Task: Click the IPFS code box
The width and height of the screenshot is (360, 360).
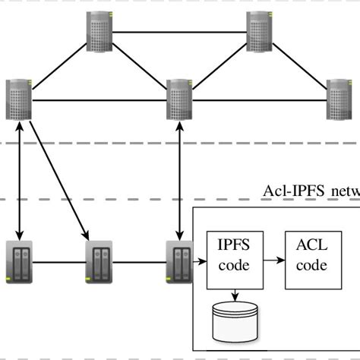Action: point(234,257)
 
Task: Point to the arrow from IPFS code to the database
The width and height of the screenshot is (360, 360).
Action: point(234,295)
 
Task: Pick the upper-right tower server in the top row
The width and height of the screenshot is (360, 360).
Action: point(259,30)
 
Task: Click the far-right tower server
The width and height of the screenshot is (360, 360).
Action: point(339,99)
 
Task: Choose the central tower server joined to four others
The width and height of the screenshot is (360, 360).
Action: point(179,99)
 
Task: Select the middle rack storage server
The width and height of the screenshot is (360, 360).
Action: point(99,262)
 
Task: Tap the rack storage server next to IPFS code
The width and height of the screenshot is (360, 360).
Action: point(179,262)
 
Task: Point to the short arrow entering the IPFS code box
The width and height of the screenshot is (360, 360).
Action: point(199,263)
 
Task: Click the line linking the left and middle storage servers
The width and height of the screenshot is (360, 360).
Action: point(60,263)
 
